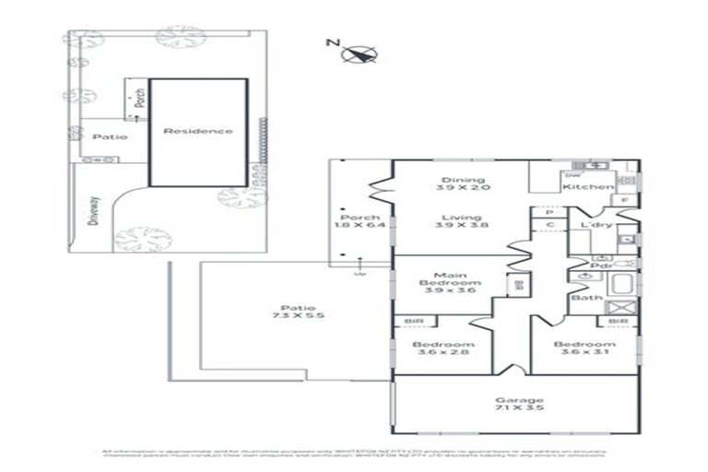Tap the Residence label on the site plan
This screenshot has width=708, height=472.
click(197, 131)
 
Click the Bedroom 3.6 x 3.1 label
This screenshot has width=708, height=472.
click(584, 349)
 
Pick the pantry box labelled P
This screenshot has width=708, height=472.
click(548, 211)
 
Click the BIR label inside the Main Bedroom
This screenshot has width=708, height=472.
click(517, 285)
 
